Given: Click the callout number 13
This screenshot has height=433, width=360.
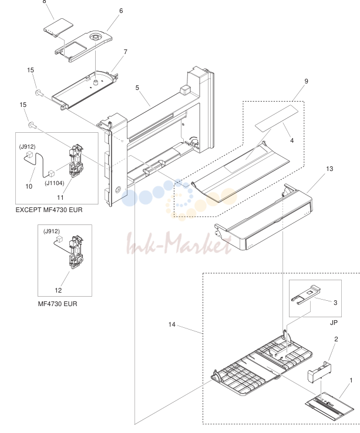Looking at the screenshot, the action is [329, 169].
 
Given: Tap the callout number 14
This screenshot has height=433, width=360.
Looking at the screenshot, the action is [172, 324].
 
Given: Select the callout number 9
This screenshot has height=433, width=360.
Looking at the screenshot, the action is [306, 81].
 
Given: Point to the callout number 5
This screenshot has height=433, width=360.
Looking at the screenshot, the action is [137, 88].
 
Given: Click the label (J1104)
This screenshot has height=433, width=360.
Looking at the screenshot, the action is [55, 183].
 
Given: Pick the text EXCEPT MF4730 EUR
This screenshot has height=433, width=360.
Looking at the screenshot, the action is [49, 210].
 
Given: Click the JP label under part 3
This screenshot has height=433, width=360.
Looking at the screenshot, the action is [334, 323].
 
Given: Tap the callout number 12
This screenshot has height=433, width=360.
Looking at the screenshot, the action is [58, 290].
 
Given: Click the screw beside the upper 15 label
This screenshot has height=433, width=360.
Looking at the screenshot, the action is [39, 93].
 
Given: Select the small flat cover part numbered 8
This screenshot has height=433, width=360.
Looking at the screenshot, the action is [58, 28].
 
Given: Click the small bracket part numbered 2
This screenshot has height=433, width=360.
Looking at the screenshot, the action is [319, 372].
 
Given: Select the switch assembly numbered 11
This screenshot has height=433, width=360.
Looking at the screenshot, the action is [76, 161].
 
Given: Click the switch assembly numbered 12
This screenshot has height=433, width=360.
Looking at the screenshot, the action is [76, 252].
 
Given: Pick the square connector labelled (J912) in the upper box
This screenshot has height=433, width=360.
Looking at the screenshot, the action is [29, 154].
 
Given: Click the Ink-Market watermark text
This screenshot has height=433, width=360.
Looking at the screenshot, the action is [179, 244].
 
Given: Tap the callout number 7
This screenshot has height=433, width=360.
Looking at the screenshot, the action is [126, 52].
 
